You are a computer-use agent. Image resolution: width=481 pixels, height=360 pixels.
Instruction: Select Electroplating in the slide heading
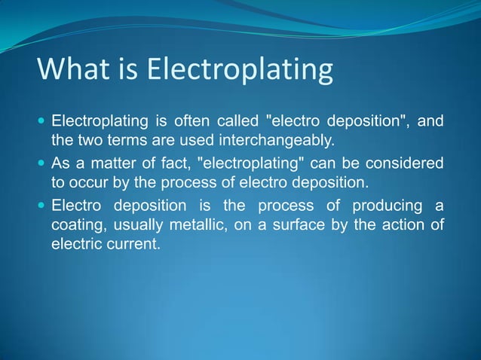click(239, 72)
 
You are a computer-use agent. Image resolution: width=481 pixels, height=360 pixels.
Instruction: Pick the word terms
click(123, 140)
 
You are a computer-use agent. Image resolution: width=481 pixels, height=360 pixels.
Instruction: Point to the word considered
click(410, 163)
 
